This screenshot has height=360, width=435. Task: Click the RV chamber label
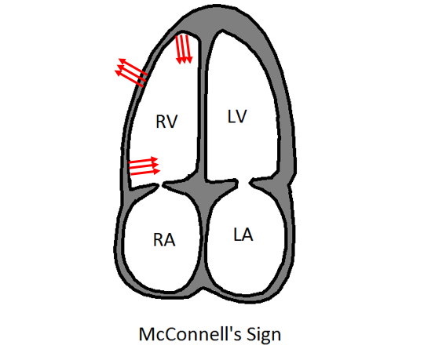[166, 122]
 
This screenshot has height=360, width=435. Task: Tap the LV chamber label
[237, 116]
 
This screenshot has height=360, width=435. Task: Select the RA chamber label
[164, 240]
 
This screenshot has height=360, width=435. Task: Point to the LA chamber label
[243, 235]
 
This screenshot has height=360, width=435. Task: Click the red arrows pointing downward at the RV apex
[184, 49]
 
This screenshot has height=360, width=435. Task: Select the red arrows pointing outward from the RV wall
[131, 73]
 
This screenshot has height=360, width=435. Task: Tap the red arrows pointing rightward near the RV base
[144, 166]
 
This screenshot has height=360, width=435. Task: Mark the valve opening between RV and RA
[161, 185]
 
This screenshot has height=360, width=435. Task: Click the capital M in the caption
[146, 334]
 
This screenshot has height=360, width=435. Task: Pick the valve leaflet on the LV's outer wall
[264, 183]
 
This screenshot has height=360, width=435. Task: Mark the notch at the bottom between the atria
[204, 289]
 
